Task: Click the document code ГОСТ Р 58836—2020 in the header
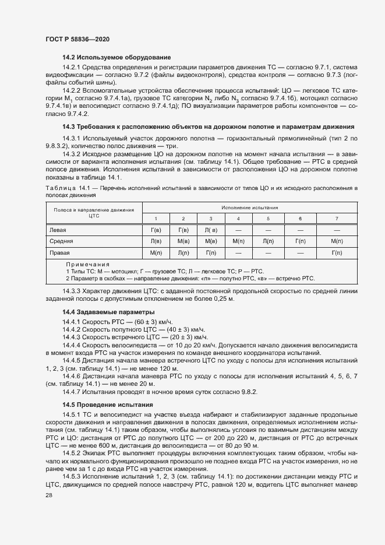pos(77,39)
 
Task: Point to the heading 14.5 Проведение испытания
pos(108,405)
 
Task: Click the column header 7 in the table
pos(336,218)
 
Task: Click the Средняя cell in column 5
pos(268,241)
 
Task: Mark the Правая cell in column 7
pos(336,253)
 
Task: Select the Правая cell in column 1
pos(156,253)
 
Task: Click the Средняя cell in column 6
pos(300,241)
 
